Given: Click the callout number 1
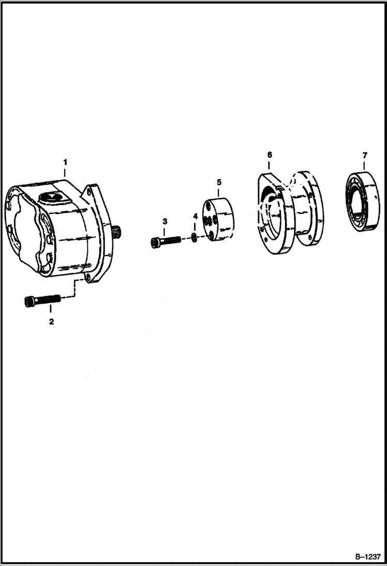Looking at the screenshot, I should [65, 162].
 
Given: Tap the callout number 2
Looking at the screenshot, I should [51, 321].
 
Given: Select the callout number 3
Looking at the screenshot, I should [165, 221].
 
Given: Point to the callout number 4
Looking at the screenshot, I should [195, 216].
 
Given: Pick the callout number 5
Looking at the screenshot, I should [219, 182].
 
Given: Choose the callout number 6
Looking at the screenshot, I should [269, 155].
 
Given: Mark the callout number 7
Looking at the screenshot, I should [365, 155].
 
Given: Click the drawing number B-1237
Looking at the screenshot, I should [367, 557].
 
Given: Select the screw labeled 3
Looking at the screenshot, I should [166, 241].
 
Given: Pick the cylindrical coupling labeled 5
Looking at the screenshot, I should [218, 219].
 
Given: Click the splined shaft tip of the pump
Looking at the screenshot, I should [117, 233].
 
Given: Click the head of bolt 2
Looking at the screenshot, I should [29, 301].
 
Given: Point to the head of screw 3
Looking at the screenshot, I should [156, 242].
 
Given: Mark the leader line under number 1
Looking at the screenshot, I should [65, 172].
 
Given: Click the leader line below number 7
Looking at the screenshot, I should [365, 165].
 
